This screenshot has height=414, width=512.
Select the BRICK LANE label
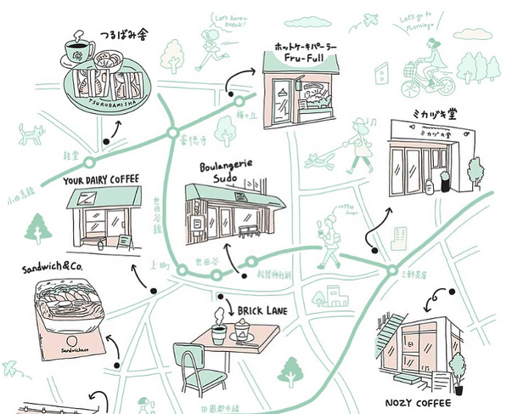[259, 311]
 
